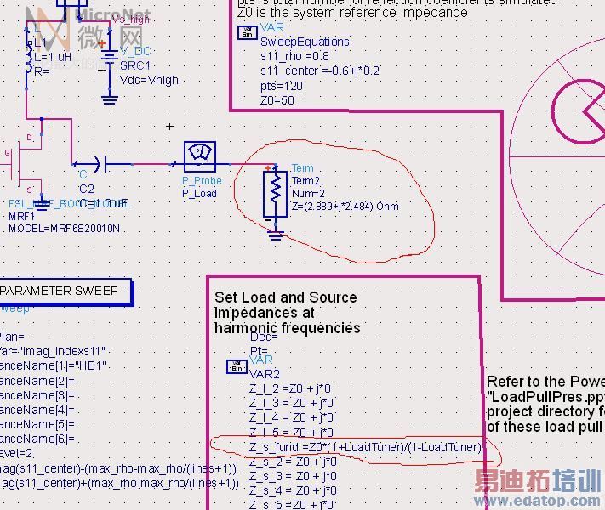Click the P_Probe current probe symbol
click(x=201, y=155)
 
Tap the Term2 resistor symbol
click(x=275, y=194)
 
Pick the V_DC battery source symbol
click(x=109, y=62)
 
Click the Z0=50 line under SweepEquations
click(x=277, y=100)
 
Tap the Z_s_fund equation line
click(x=366, y=447)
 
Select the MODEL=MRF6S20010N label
click(x=64, y=229)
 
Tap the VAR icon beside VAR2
click(x=236, y=366)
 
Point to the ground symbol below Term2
click(x=275, y=235)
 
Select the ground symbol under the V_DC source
click(x=109, y=99)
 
